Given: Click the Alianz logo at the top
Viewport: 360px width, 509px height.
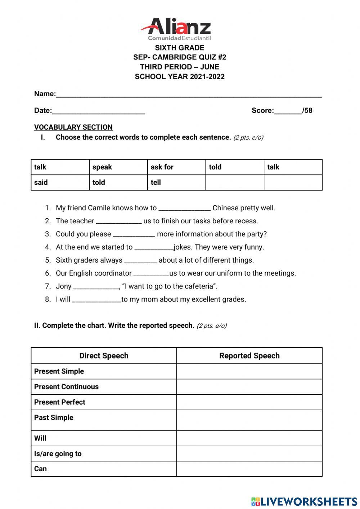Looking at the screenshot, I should (x=176, y=29).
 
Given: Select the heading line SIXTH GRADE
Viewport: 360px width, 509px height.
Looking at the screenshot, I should (x=179, y=48).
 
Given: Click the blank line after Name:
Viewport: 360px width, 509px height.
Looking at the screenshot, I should (x=189, y=95).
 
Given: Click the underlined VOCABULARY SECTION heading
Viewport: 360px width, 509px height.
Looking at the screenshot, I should (x=73, y=127).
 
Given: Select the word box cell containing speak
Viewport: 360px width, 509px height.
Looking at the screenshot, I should (x=118, y=167).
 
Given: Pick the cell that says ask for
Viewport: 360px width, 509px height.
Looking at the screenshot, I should (x=176, y=167).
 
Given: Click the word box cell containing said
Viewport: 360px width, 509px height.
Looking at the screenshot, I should (x=60, y=182).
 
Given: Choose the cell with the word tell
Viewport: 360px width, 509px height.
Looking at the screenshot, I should (x=176, y=182).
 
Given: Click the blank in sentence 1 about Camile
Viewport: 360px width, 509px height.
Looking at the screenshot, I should (x=184, y=209).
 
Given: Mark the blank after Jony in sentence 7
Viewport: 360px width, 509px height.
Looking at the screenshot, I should (x=96, y=287).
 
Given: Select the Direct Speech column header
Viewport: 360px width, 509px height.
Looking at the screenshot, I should (x=104, y=356).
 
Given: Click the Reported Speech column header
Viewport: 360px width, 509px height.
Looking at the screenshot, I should (x=249, y=356).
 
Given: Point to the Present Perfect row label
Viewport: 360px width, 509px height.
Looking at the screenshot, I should (x=60, y=402).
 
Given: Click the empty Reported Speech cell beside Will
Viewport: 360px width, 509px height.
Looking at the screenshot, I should (x=249, y=438).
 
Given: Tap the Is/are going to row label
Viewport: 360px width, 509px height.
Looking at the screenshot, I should (x=58, y=454).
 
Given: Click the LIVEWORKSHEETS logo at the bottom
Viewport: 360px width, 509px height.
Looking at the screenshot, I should (x=304, y=501).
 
